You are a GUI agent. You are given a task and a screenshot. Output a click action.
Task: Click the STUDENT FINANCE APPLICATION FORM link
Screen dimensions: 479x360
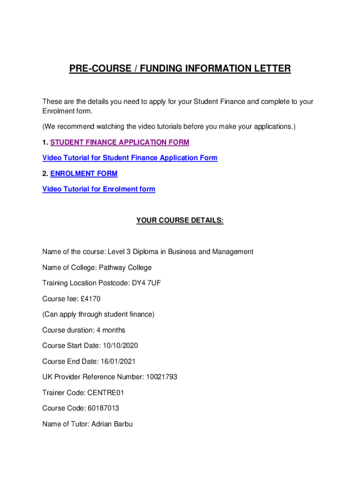[120, 142]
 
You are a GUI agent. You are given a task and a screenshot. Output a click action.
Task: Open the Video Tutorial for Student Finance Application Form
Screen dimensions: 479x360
[130, 158]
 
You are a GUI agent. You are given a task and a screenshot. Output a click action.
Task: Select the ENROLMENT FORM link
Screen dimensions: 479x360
[84, 174]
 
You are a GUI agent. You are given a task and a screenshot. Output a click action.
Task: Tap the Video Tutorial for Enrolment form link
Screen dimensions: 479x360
[99, 189]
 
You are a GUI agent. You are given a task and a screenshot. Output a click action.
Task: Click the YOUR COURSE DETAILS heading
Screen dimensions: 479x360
[180, 220]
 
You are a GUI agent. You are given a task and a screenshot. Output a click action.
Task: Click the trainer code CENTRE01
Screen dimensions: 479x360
[106, 393]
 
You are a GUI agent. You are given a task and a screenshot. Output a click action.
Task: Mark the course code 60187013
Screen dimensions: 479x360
[103, 408]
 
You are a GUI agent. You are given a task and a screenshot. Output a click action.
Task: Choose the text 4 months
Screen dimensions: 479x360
[111, 330]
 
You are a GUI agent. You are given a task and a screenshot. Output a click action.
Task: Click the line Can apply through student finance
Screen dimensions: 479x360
[98, 314]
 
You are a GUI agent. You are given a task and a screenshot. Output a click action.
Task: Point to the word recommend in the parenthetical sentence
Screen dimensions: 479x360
[75, 127]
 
